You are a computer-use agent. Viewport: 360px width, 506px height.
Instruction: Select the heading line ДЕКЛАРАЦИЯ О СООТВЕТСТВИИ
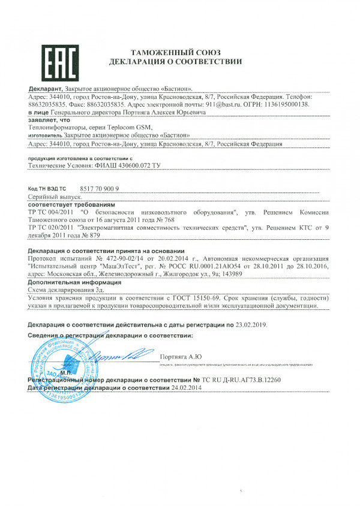point(175,62)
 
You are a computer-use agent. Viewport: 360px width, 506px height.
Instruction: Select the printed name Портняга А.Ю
point(178,359)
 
